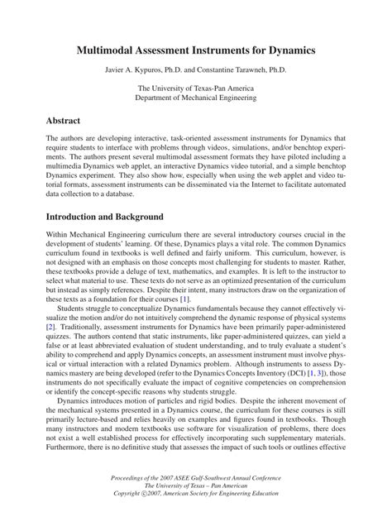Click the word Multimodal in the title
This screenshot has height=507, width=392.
point(118,50)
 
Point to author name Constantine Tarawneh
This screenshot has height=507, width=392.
point(244,69)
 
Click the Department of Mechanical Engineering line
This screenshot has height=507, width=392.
point(195,98)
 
